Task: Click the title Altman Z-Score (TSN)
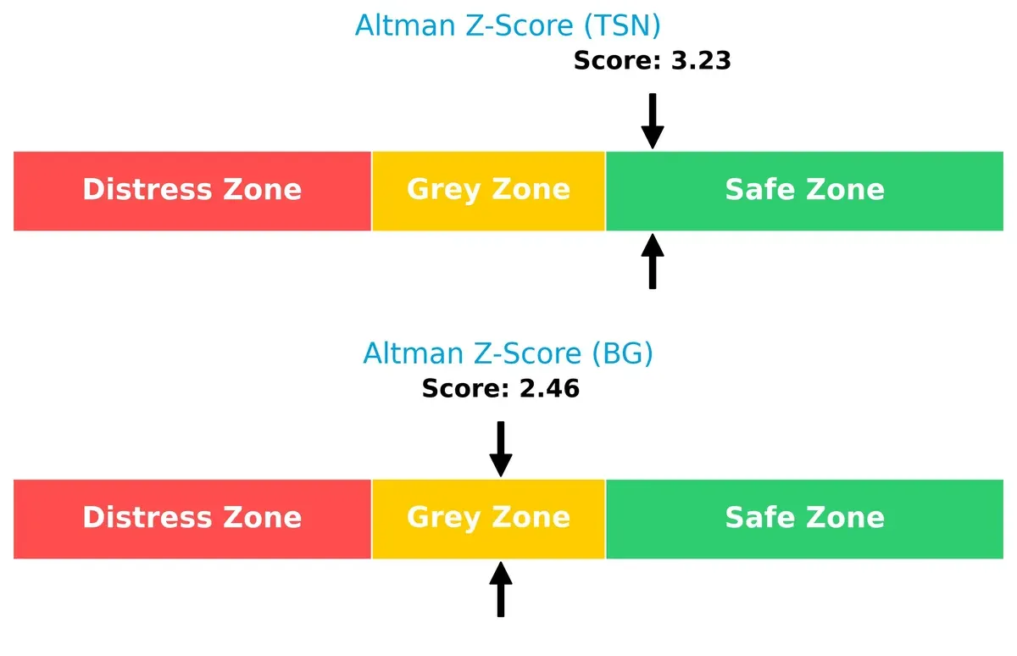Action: [x=507, y=25]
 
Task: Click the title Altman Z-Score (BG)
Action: [x=508, y=353]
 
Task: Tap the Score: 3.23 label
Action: [x=652, y=61]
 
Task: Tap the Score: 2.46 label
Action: [x=500, y=389]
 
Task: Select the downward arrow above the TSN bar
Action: [x=652, y=121]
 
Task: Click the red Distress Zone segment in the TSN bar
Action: [x=192, y=190]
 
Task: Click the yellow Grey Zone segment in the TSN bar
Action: [x=488, y=190]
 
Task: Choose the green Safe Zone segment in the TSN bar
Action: [x=804, y=190]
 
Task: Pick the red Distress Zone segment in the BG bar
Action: [x=192, y=518]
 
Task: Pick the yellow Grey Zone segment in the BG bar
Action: [x=488, y=518]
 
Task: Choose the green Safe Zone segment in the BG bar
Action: [x=804, y=518]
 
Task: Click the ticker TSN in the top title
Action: [x=621, y=25]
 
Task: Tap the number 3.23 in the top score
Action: [x=698, y=61]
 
